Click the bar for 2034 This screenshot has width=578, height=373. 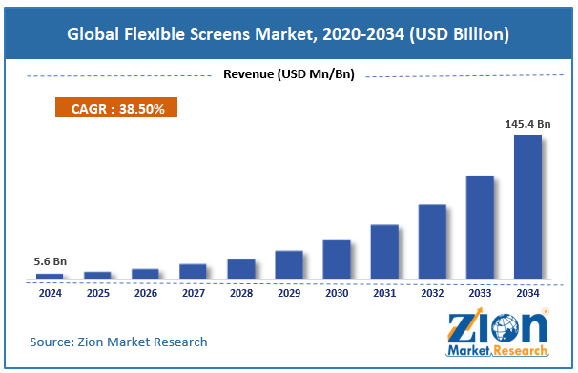click(527, 207)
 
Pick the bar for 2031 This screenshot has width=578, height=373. click(384, 252)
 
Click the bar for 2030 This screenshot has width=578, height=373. click(337, 259)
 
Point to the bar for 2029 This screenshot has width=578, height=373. click(289, 264)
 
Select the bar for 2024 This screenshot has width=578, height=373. click(50, 276)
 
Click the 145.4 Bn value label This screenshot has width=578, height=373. click(527, 123)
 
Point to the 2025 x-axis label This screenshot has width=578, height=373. click(97, 293)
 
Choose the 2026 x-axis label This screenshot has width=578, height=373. click(145, 293)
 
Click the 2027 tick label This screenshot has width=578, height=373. click(193, 293)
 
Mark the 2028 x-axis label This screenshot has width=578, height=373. click(240, 293)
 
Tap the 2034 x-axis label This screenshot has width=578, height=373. click(527, 293)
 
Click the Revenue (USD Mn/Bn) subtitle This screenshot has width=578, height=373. click(288, 74)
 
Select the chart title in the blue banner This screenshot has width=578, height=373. click(288, 33)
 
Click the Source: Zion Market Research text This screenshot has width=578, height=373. click(118, 342)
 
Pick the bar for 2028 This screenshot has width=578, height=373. click(241, 269)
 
